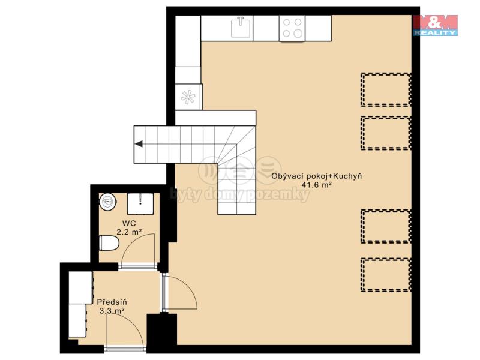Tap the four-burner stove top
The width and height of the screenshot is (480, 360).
pos(292,28)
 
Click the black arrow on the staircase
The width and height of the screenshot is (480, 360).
pos(139,143)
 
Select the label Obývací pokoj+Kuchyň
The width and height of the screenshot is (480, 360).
pos(317,176)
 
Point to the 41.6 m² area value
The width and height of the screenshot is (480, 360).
pos(317,185)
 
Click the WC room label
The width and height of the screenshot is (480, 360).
pos(129,223)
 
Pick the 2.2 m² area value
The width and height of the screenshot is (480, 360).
pos(129,232)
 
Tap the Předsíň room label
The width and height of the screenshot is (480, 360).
pos(112,302)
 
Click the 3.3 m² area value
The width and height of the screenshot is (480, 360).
pos(112,311)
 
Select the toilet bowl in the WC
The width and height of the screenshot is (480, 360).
pos(109,243)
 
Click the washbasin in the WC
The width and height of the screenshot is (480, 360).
pos(140,203)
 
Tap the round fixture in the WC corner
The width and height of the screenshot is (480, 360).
pos(108,201)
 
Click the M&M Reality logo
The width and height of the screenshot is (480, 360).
pos(436,25)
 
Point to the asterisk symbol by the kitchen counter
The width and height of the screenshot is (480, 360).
pos(188,97)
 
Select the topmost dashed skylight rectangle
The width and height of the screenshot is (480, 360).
pos(386,89)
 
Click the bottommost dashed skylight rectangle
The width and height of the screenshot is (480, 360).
pos(386,275)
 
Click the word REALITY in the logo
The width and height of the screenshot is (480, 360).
pos(436,32)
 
